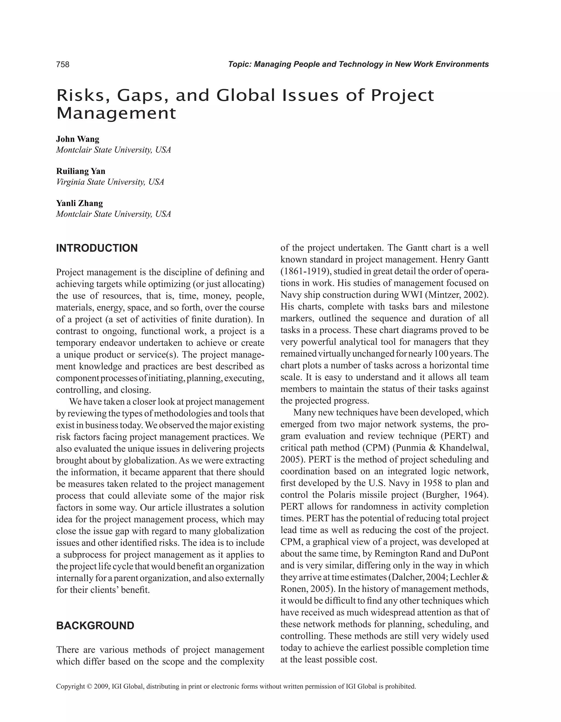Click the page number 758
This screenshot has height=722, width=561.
coord(63,64)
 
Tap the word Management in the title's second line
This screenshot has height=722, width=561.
coord(116,114)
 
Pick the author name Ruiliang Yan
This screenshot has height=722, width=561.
coord(81,171)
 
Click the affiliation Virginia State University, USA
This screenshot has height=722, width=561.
coord(110,182)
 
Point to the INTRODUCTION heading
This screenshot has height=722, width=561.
coord(97,248)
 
